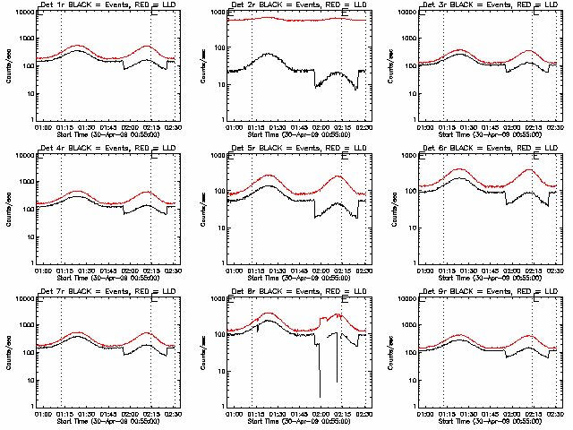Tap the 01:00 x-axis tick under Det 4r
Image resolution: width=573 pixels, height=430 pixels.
click(x=42, y=271)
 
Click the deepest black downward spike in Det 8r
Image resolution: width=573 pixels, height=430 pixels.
click(x=320, y=396)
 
